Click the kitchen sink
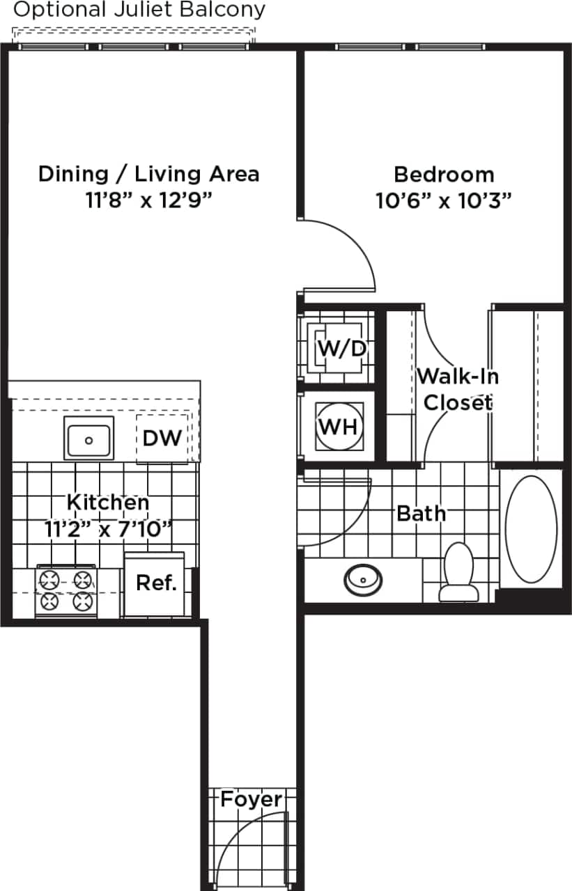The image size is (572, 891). click(88, 439)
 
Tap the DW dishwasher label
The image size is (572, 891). click(162, 438)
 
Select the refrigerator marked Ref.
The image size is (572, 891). click(155, 583)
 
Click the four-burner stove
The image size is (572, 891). click(65, 590)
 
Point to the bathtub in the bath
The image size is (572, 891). click(531, 529)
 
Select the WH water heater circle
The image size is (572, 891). click(339, 426)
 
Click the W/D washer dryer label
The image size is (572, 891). click(341, 347)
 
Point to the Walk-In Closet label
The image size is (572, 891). click(458, 389)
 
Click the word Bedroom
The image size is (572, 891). click(444, 174)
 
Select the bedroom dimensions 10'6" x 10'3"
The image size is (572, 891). click(444, 201)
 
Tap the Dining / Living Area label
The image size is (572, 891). click(148, 173)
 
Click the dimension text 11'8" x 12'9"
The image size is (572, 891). click(148, 200)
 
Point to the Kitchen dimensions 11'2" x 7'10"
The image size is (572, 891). click(108, 529)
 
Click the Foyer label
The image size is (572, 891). click(252, 800)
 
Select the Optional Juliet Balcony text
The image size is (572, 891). click(139, 10)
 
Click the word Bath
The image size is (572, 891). click(421, 514)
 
